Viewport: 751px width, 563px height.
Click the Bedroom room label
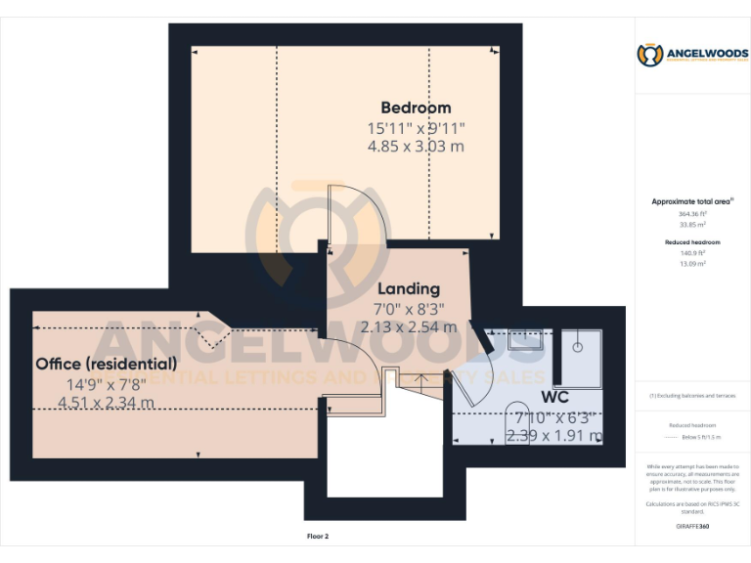[x=416, y=108]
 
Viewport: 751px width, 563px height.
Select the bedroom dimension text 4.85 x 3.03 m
[x=416, y=147]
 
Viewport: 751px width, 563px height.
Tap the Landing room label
[x=409, y=288]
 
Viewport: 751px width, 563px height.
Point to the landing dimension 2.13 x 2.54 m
[x=409, y=327]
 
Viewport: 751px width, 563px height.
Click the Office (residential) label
[x=107, y=364]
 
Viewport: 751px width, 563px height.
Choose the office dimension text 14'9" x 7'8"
[x=107, y=383]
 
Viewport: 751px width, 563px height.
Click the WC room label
[x=554, y=398]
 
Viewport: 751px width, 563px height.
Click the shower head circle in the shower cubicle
[x=579, y=345]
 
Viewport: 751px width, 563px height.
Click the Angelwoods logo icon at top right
[x=650, y=56]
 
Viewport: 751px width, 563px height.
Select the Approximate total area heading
[x=692, y=201]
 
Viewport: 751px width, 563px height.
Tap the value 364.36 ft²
[x=692, y=213]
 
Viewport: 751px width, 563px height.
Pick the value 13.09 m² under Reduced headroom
[x=692, y=263]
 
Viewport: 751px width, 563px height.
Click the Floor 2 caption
[x=318, y=537]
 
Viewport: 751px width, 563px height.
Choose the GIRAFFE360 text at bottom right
[x=692, y=526]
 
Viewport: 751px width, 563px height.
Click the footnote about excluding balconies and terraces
[x=692, y=396]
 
